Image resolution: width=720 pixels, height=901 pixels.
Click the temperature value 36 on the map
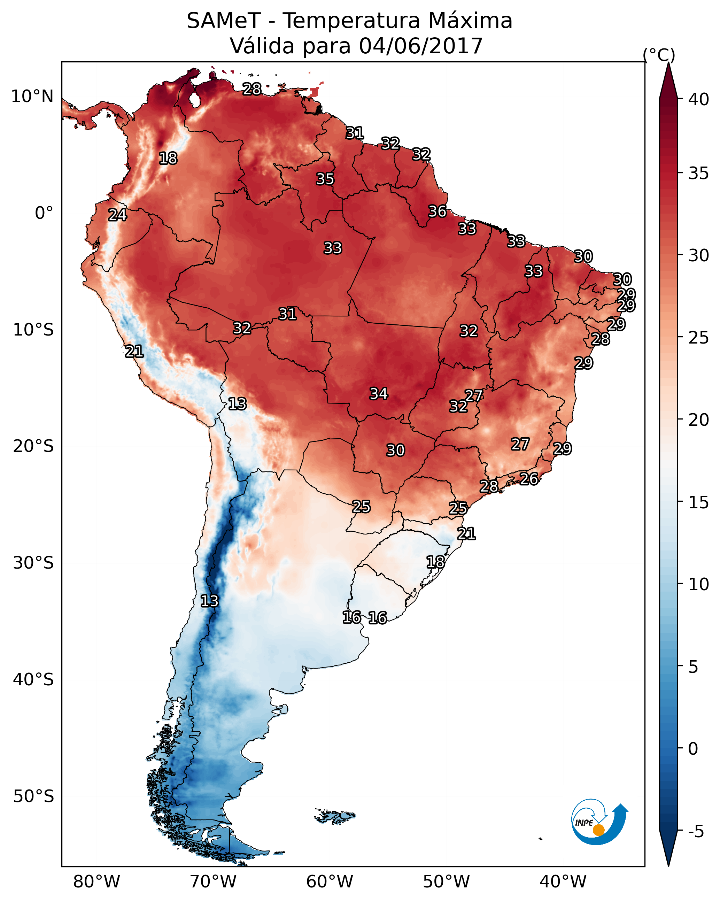[x=437, y=211]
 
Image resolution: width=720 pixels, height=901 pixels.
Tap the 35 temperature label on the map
[x=325, y=179]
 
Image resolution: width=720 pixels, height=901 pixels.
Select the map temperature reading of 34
[x=379, y=394]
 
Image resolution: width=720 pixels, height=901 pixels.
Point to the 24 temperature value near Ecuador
[x=117, y=215]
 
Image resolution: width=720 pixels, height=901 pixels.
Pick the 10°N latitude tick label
[x=32, y=97]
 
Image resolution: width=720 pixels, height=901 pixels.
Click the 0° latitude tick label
[x=44, y=213]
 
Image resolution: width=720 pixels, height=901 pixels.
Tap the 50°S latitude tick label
[x=33, y=796]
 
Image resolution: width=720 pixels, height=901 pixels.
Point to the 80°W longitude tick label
[x=96, y=882]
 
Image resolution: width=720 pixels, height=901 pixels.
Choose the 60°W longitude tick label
[x=330, y=882]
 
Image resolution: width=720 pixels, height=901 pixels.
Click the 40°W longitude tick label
[x=563, y=882]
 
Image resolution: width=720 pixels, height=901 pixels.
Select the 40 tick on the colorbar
[x=699, y=99]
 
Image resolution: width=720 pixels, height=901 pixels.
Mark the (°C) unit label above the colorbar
[x=659, y=55]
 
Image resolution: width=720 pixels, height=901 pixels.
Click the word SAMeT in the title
[x=224, y=21]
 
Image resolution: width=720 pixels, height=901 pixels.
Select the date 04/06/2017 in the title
[x=421, y=46]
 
